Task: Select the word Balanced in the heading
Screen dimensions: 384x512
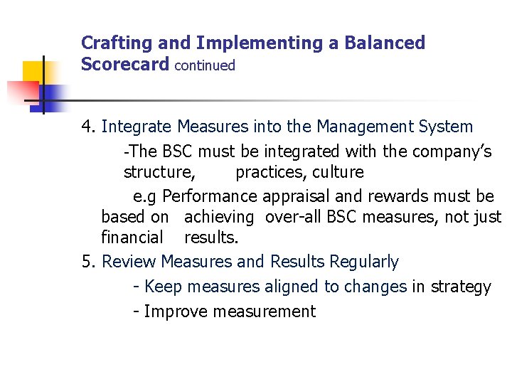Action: [x=385, y=43]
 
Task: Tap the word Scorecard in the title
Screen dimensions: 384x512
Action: [x=125, y=65]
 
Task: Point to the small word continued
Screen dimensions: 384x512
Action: [x=204, y=65]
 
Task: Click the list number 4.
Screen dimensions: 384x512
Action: [x=87, y=127]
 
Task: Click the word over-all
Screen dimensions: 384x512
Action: [x=299, y=217]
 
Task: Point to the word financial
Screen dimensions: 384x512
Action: [x=132, y=237]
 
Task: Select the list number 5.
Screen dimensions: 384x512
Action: [x=87, y=262]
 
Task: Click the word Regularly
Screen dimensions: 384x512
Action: [x=363, y=262]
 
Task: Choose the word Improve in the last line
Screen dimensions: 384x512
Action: [x=176, y=311]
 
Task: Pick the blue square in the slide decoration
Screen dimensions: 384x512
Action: [x=52, y=94]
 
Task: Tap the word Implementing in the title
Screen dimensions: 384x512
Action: [x=259, y=44]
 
